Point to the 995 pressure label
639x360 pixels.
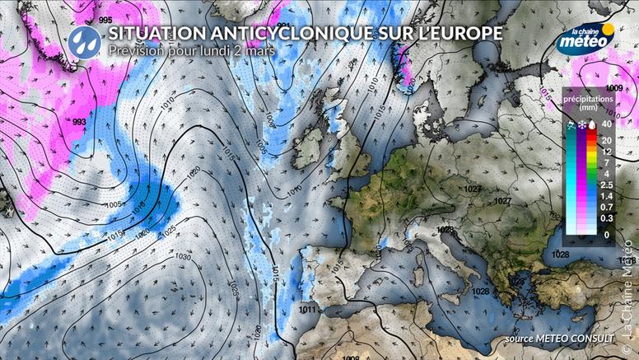105,20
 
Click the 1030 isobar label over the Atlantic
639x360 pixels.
183,257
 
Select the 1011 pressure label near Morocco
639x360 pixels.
308,310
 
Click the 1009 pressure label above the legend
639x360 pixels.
613,88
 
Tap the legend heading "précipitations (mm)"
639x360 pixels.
588,102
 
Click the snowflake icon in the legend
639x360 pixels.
581,124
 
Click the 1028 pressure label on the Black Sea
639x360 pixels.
561,255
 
